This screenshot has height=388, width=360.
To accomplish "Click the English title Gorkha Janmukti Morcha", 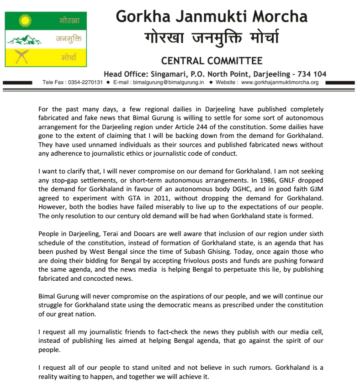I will point(212,16).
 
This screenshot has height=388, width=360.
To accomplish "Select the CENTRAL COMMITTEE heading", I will point(212,61).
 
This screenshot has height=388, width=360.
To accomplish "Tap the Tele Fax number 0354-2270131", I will point(85,83).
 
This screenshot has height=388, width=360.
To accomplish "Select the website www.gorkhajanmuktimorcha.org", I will point(280,83).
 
